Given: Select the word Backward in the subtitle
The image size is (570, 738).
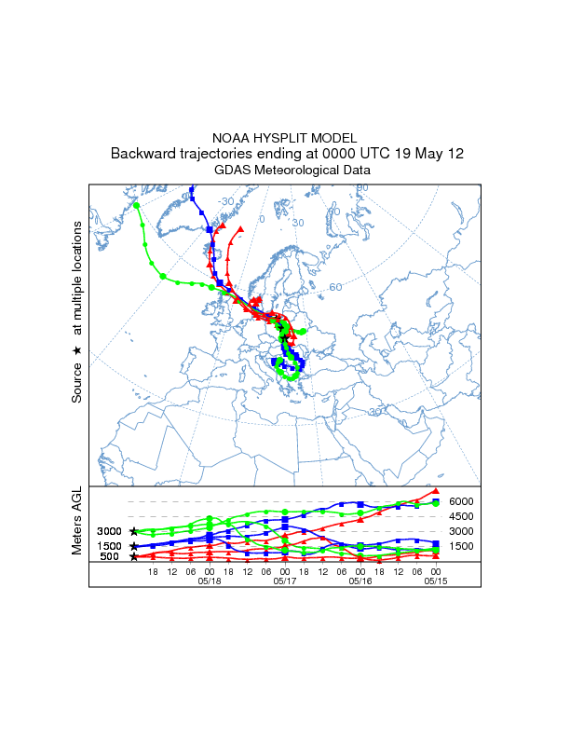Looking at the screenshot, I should coord(142,154).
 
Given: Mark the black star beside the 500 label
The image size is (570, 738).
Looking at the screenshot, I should coord(134,557).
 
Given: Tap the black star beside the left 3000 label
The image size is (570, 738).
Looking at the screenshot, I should coord(134,531).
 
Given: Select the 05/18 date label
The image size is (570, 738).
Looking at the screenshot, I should coord(210,580).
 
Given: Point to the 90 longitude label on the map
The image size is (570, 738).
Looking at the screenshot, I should coord(363,188).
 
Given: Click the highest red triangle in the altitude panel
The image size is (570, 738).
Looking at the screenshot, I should coord(435,491).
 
